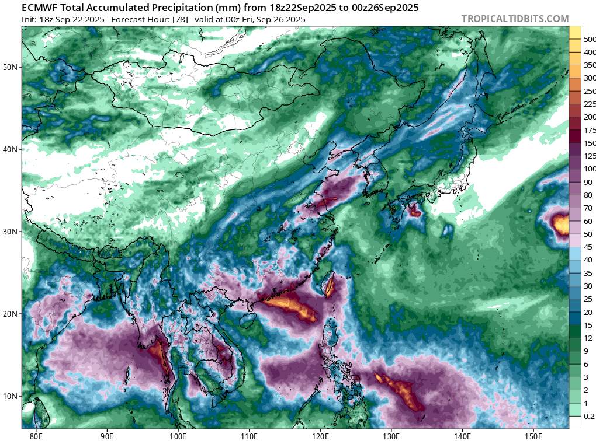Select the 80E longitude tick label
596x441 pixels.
tap(36, 435)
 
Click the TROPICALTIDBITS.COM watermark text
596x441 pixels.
tap(515, 19)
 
